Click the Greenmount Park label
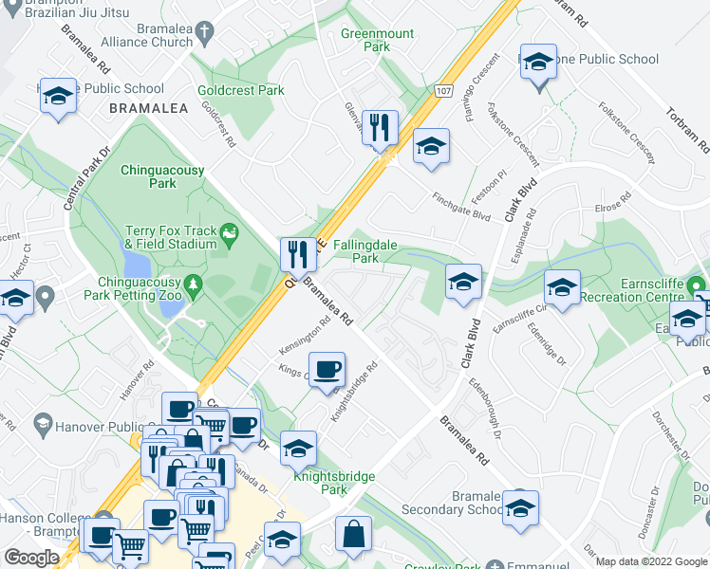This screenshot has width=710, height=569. click(x=378, y=40)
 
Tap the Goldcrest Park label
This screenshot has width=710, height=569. click(x=241, y=91)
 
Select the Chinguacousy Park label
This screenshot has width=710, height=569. click(x=157, y=176)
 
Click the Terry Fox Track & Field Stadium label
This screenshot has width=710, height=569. click(x=171, y=237)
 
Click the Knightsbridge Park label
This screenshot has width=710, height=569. click(x=334, y=483)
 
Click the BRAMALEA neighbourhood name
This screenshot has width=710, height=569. click(x=148, y=109)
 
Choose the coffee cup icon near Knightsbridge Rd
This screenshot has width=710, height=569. click(x=327, y=369)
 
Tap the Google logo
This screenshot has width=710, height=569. click(x=32, y=558)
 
